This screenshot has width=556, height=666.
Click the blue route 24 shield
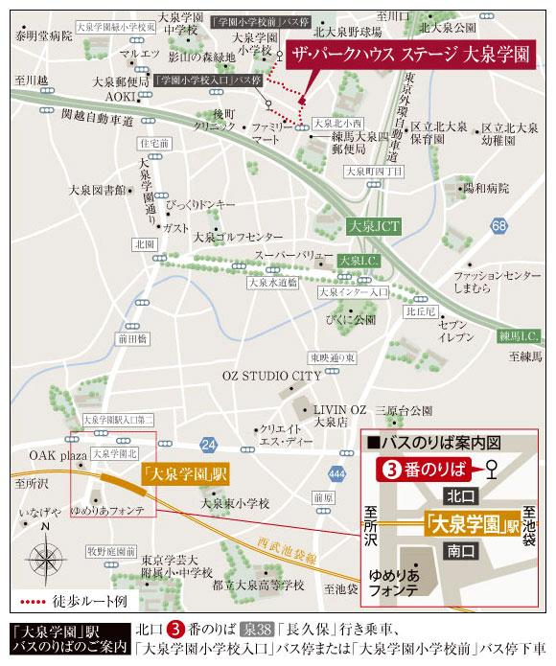[208, 443]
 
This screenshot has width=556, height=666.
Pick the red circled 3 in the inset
[390, 470]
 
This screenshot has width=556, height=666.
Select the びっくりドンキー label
[200, 205]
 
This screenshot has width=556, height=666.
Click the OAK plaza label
[58, 455]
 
